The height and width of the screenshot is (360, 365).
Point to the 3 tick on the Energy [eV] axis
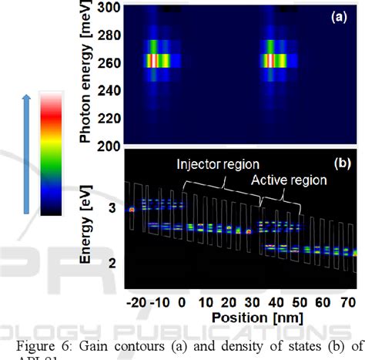coord(112,209)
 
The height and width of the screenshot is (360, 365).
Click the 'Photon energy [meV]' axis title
coord(87,73)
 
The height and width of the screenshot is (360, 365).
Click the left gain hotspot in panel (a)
coord(153,59)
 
